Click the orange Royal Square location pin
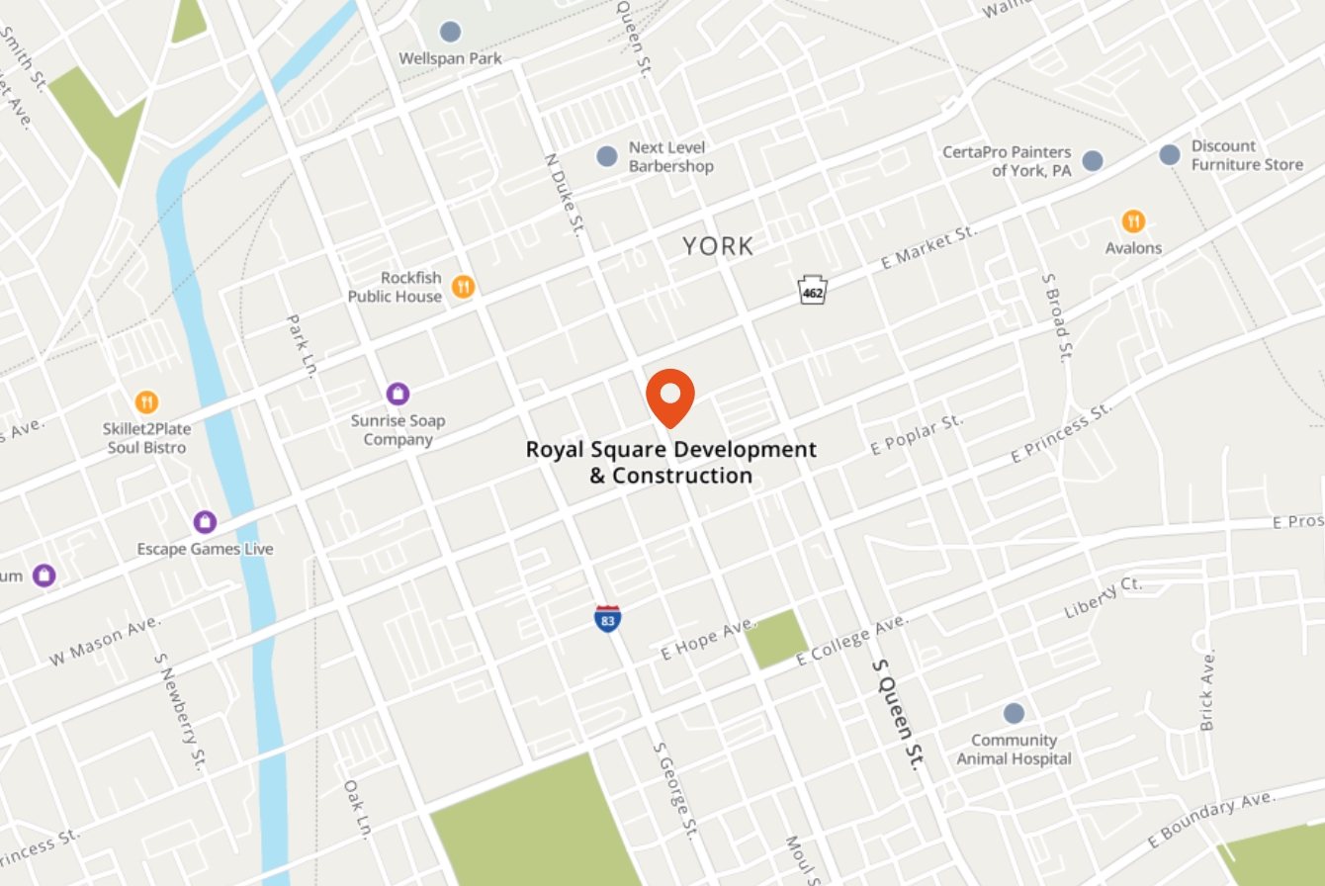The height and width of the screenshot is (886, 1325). tap(670, 397)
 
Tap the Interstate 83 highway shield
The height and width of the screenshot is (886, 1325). tap(608, 619)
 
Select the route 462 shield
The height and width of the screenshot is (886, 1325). tap(813, 291)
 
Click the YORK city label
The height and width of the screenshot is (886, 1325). tap(718, 246)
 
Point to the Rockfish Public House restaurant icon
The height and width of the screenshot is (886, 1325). tap(463, 288)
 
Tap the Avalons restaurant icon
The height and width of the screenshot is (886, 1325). tap(1133, 221)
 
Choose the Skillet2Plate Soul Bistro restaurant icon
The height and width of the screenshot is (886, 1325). tap(146, 402)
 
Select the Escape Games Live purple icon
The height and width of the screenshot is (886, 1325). tap(205, 522)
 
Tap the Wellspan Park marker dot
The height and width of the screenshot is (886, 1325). tap(450, 32)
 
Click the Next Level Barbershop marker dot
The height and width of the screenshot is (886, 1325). tap(607, 156)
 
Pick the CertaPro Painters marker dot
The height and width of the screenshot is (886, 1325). tap(1093, 161)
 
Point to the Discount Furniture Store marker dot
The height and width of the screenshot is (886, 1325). tap(1170, 154)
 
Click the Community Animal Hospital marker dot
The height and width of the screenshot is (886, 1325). tap(1014, 714)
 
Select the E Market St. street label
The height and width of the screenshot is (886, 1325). tap(928, 248)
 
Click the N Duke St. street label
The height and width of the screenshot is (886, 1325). tap(563, 194)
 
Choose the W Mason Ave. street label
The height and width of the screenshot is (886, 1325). tap(104, 640)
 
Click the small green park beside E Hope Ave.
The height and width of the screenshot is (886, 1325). tap(776, 639)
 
